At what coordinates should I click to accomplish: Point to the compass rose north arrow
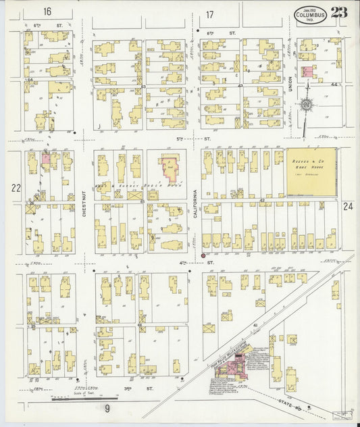pyautogui.click(x=307, y=105)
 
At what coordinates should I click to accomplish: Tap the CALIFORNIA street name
pyautogui.click(x=196, y=203)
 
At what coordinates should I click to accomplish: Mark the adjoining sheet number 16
pyautogui.click(x=47, y=12)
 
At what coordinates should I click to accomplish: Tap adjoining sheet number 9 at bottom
pyautogui.click(x=107, y=409)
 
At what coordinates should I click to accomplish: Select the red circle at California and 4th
pyautogui.click(x=202, y=255)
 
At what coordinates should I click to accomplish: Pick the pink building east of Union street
pyautogui.click(x=307, y=71)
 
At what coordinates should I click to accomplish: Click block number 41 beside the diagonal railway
pyautogui.click(x=255, y=326)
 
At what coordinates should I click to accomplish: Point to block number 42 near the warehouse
pyautogui.click(x=261, y=201)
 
